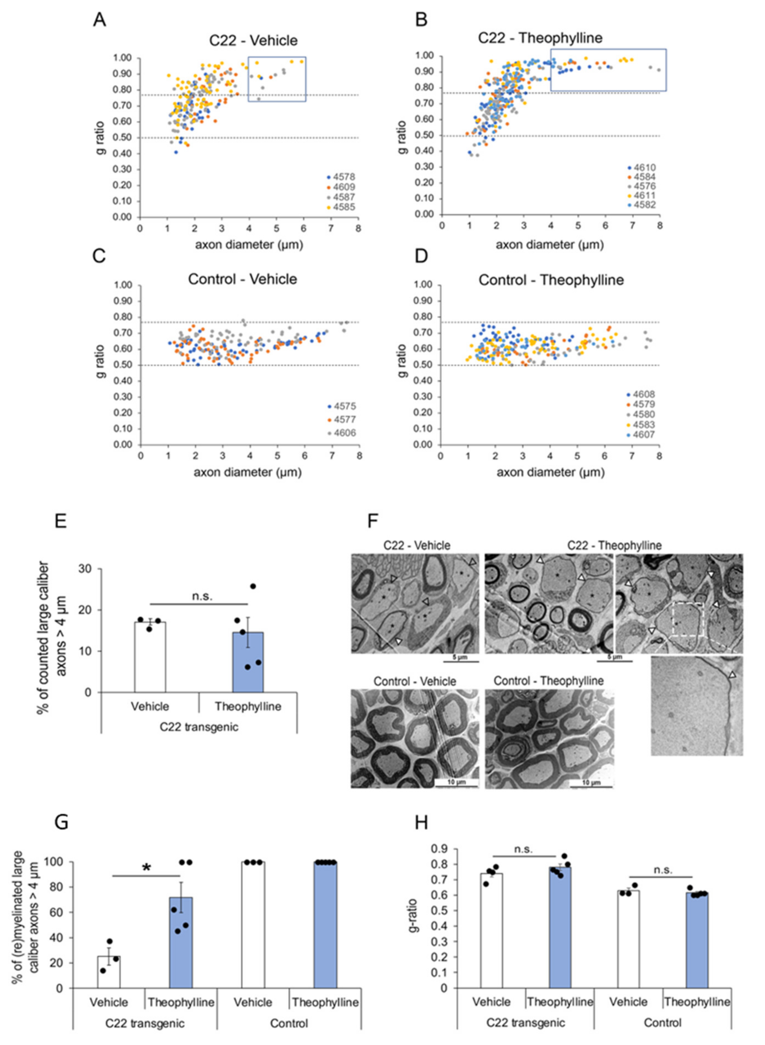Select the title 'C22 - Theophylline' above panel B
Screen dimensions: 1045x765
(x=540, y=38)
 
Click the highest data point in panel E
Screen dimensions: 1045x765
(x=253, y=586)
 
